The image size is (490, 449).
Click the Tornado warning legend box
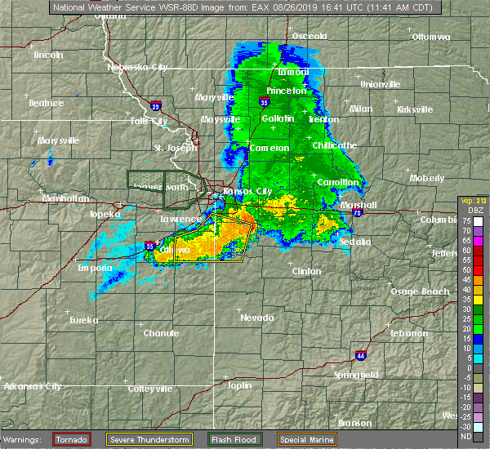click(72, 438)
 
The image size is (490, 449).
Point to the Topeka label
click(105, 214)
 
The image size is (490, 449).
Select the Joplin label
click(239, 385)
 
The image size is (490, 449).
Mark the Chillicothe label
click(335, 145)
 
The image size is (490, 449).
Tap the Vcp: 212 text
click(473, 201)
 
